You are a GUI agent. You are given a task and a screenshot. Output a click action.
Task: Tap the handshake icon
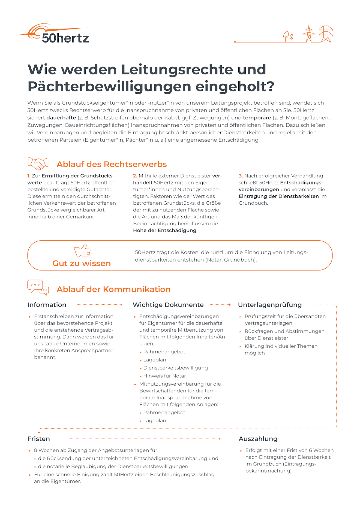(38, 163)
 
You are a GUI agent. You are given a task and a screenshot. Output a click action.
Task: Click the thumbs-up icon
(82, 250)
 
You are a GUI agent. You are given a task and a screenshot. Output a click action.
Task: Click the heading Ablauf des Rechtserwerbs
(112, 164)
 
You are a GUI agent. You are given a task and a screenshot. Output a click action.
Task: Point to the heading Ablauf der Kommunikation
(113, 289)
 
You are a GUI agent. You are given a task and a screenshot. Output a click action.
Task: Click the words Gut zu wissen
(82, 263)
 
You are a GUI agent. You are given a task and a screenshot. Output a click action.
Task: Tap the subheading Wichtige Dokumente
(168, 305)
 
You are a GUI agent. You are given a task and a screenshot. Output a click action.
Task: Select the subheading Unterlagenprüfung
(270, 305)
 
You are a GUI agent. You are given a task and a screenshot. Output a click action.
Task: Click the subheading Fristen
(39, 439)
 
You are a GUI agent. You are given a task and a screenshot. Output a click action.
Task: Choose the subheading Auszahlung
(258, 439)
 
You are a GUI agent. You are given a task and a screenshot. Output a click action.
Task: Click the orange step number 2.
(135, 176)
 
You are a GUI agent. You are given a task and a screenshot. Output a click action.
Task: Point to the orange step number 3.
(241, 176)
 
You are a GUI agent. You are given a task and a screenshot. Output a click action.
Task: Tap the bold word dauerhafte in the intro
(61, 118)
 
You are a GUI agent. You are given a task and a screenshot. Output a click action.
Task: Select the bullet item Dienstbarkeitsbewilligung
(175, 368)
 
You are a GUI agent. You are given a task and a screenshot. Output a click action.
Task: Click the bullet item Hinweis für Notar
(164, 376)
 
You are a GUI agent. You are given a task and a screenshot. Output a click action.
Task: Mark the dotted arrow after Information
(100, 305)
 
